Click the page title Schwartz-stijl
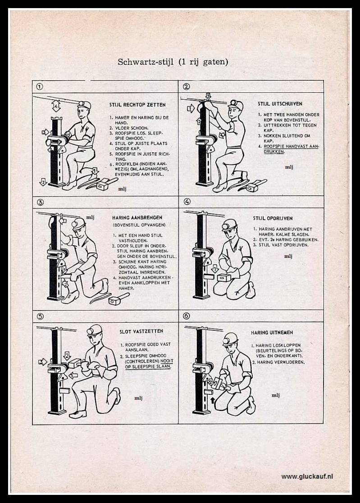coord(173,62)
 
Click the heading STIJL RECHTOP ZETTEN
coord(137,105)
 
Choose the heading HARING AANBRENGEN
coord(137,217)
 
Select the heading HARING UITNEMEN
coord(272,333)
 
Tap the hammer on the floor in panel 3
coord(120,298)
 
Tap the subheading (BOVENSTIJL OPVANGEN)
coord(139,225)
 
